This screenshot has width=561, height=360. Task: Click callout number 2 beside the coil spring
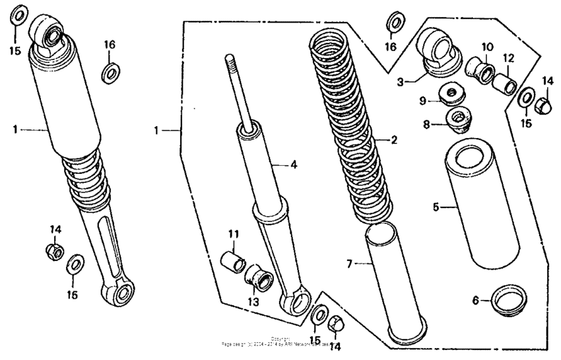[x=393, y=140]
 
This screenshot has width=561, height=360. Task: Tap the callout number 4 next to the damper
[x=294, y=164]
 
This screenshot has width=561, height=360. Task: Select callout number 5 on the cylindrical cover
[x=436, y=207]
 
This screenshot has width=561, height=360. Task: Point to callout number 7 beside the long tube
[x=350, y=264]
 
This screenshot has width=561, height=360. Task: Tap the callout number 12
[x=509, y=58]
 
